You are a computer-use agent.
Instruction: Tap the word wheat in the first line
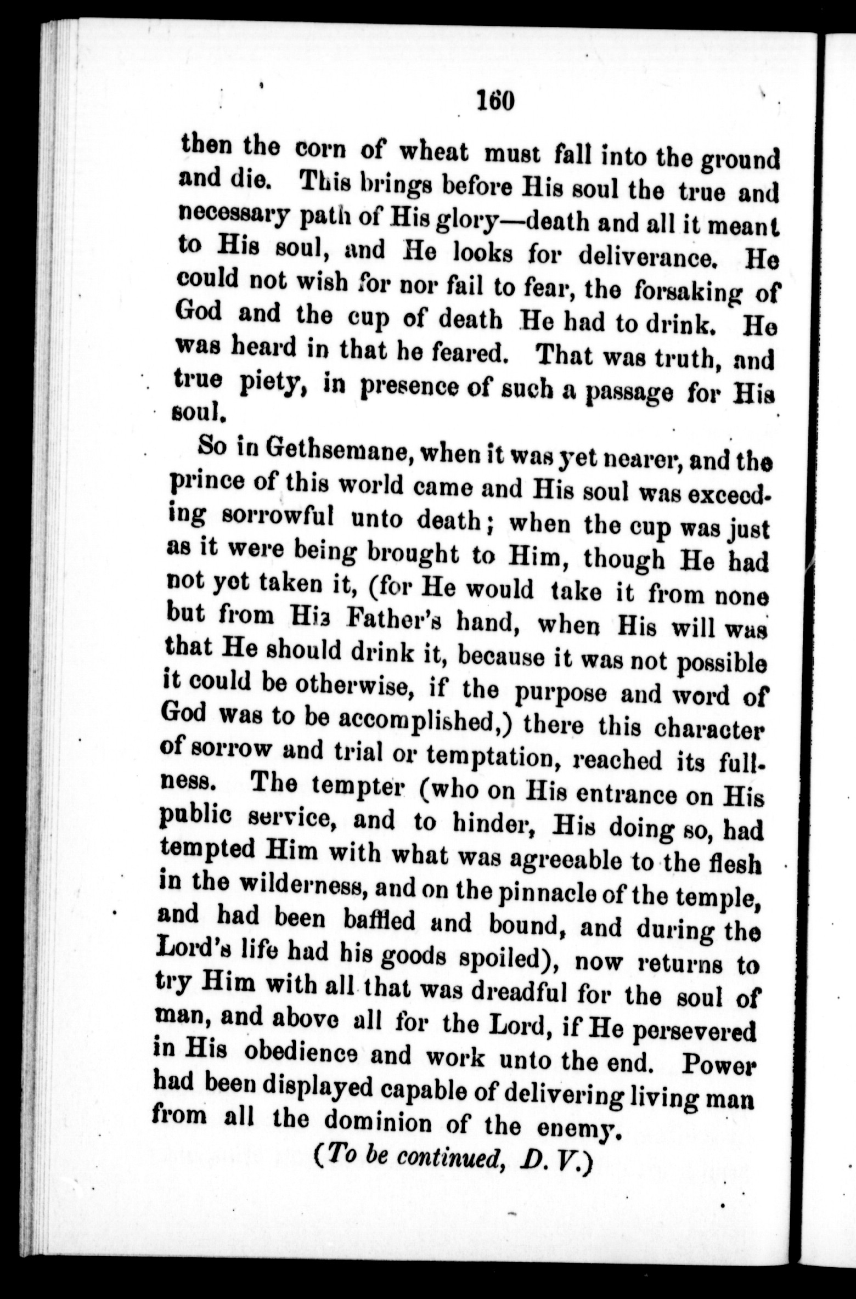433,152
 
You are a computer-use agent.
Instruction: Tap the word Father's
394,619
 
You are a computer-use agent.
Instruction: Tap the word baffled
379,921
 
